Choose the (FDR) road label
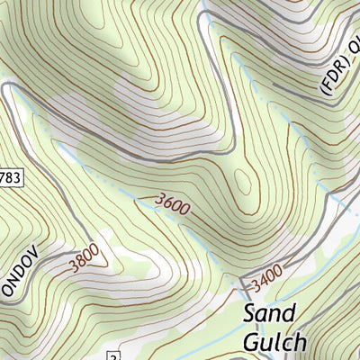point(331,78)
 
